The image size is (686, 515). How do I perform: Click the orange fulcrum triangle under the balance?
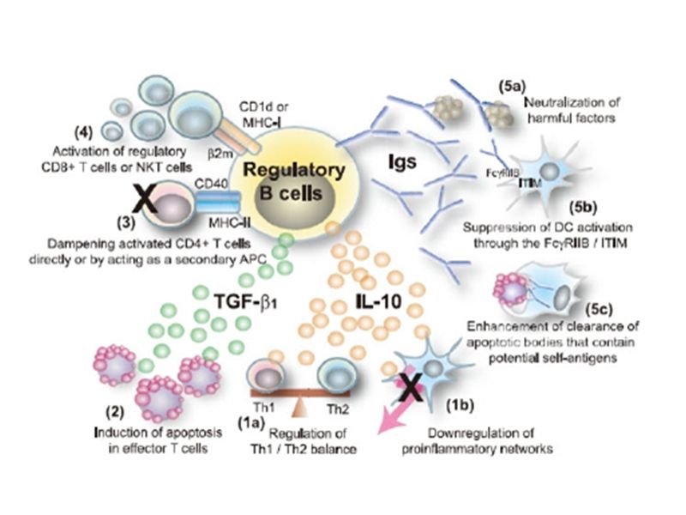[301, 403]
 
